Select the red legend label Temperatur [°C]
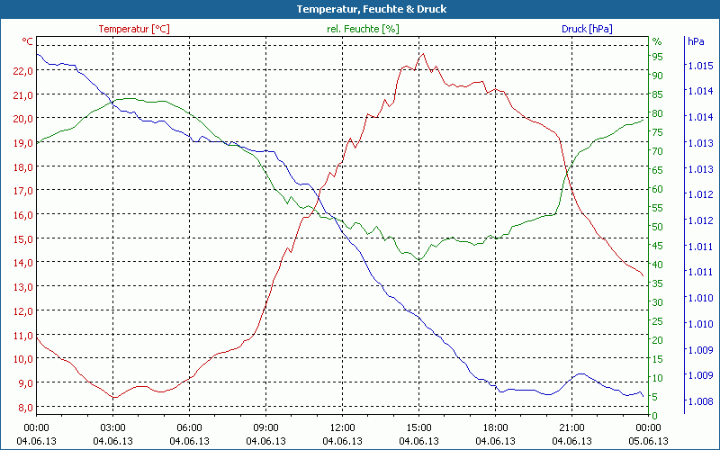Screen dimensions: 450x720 coord(133,29)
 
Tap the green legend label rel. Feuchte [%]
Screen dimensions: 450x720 coord(362,29)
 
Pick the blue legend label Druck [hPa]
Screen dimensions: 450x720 coord(587,29)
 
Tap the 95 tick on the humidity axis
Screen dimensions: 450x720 coord(657,56)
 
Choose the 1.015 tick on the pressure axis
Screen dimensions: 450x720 coord(699,66)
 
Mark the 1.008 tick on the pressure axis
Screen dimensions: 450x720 coord(699,400)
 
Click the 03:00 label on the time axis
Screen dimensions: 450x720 coord(112,427)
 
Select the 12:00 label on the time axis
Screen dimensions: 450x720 coord(342,427)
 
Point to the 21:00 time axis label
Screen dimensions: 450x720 coord(571,427)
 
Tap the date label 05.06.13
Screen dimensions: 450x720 coord(649,440)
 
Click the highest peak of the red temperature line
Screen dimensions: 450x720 coord(421,54)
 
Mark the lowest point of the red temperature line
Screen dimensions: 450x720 coord(113,397)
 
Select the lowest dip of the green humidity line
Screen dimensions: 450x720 coord(418,260)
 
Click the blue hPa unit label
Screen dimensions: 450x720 coord(695,41)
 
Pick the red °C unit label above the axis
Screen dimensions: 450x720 coord(28,41)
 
